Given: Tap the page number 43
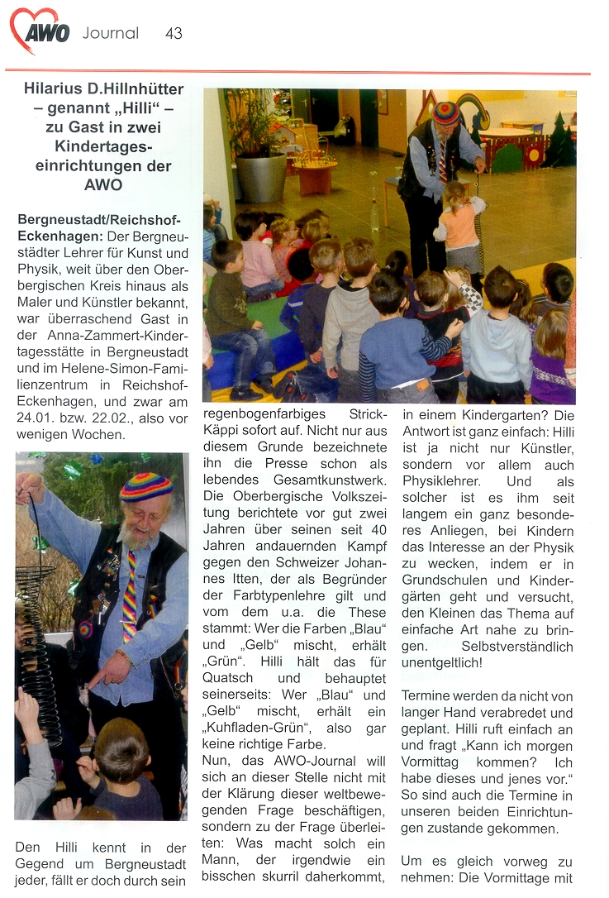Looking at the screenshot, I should point(174,33).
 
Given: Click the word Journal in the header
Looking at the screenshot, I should point(111,33).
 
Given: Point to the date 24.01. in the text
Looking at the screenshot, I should point(36,417).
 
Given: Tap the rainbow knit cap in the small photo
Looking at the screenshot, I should point(145,488).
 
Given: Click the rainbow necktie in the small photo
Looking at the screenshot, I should point(131,595).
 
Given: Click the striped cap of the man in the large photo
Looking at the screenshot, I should point(446,112).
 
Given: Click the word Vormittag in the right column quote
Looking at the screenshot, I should point(435,762).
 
